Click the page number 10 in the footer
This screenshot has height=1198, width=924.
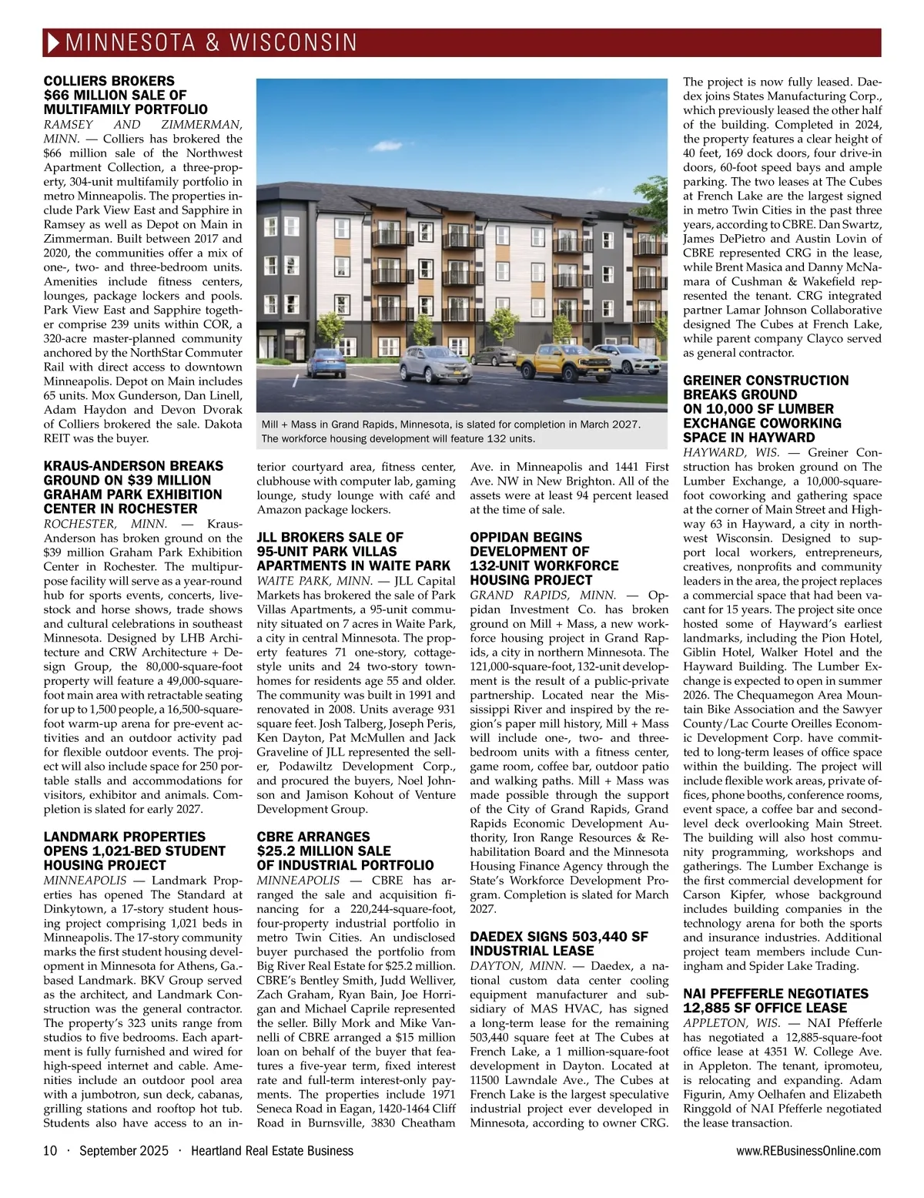pos(50,1151)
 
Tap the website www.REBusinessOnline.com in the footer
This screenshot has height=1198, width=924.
pos(808,1151)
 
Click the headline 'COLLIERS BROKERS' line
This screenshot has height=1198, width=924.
pos(109,81)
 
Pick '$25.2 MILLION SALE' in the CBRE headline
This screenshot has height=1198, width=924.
pos(313,851)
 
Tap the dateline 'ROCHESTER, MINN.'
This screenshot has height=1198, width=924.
pos(105,524)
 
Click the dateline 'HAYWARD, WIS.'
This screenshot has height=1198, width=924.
pos(731,452)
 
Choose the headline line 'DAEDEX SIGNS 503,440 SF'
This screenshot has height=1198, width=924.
pos(559,937)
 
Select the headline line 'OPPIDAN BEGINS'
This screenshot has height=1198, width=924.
pos(526,537)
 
